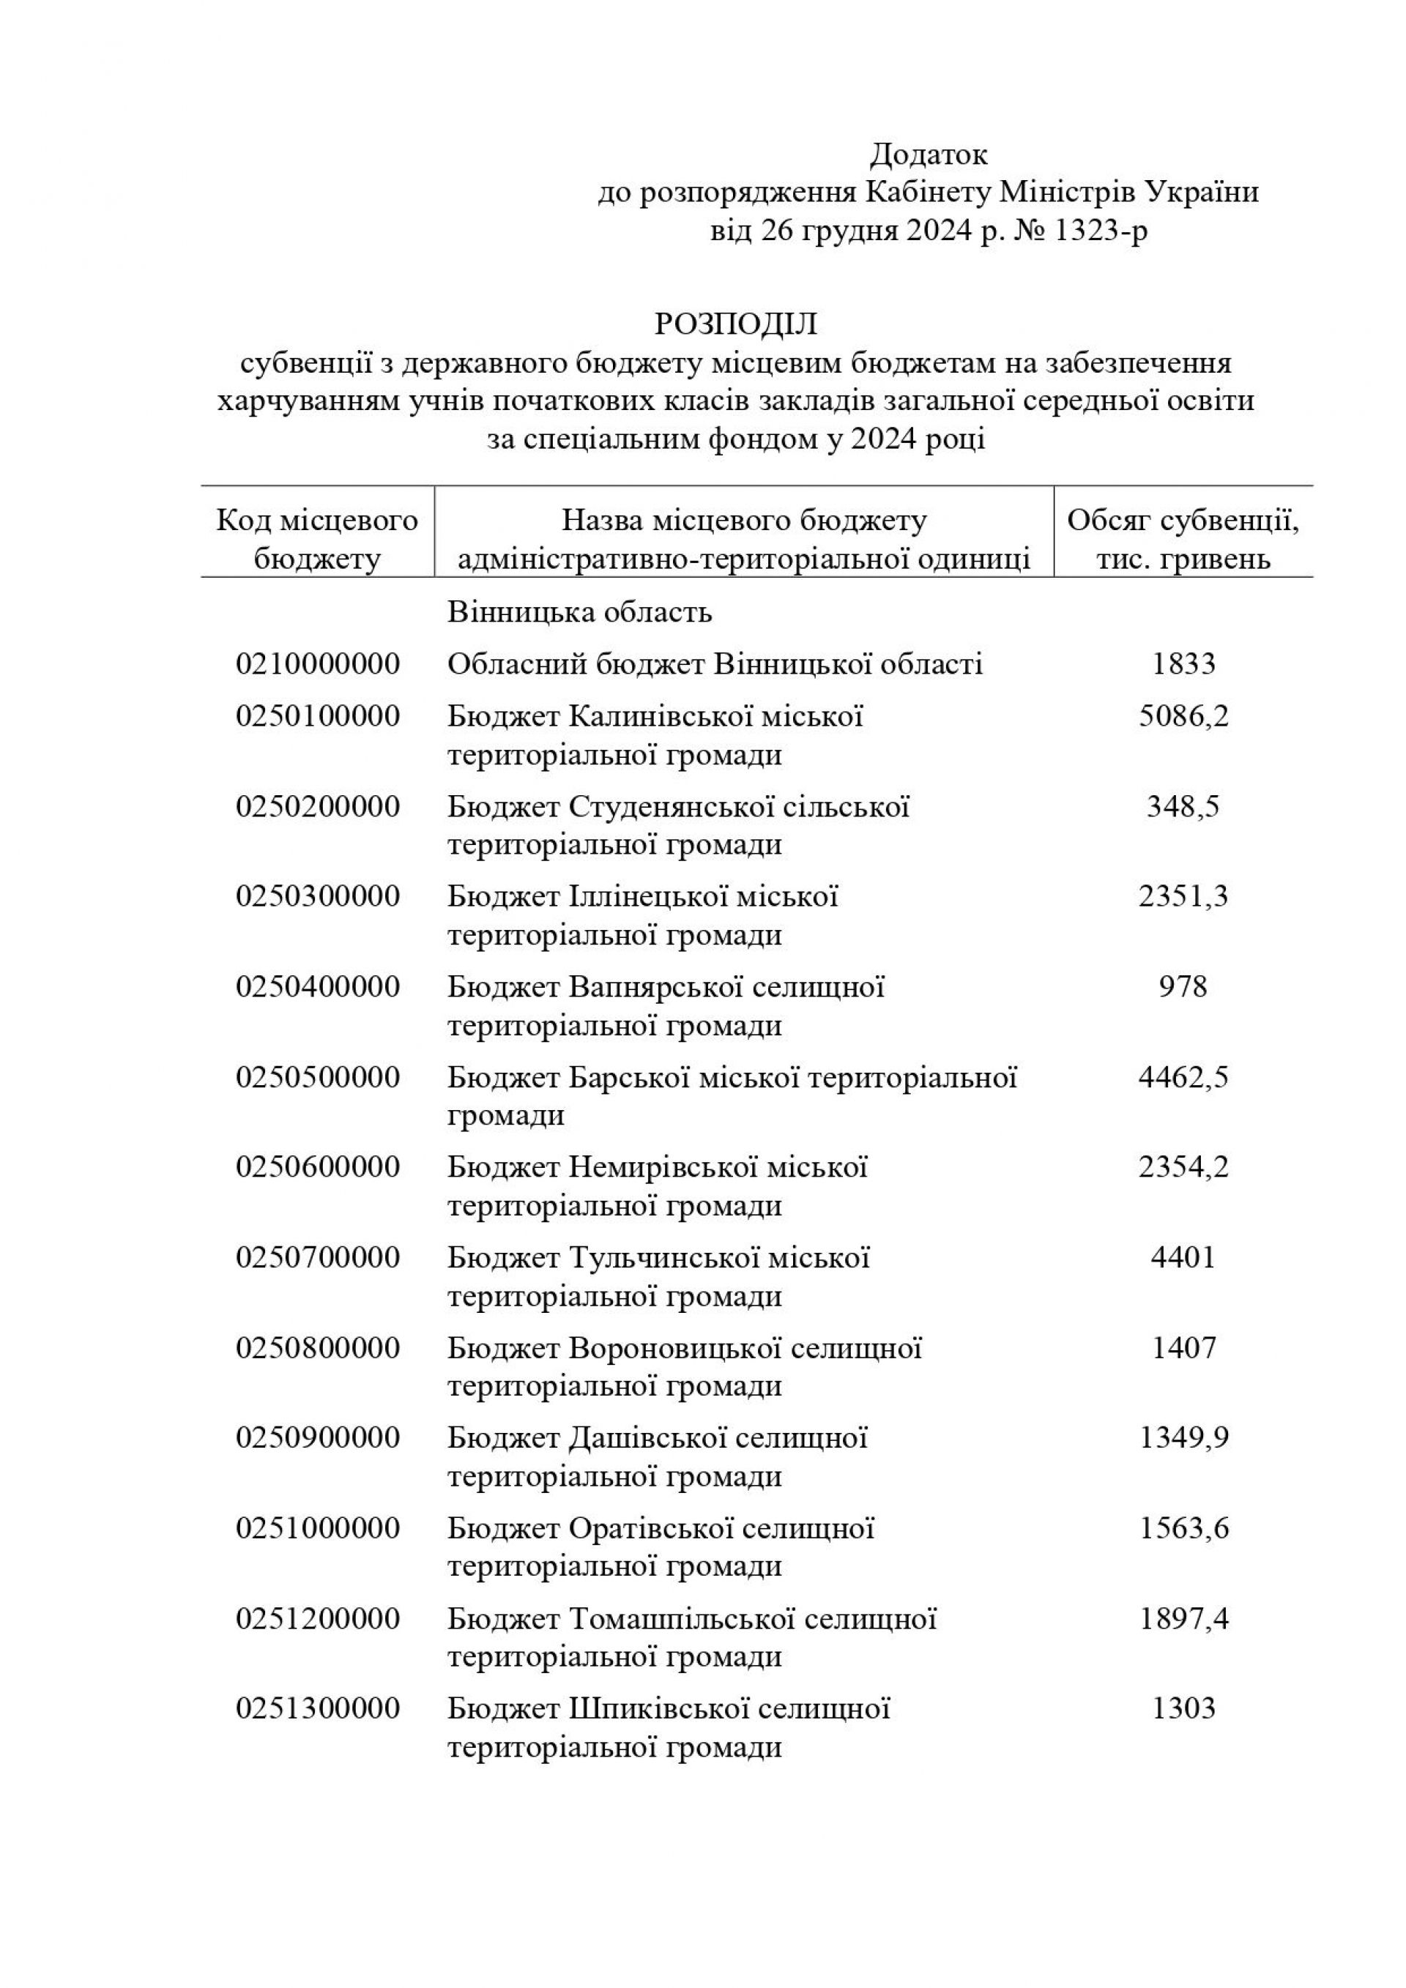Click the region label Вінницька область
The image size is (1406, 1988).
(x=579, y=612)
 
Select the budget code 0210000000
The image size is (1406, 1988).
(x=318, y=664)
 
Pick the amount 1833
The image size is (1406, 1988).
(x=1183, y=664)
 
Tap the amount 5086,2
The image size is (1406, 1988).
(x=1183, y=716)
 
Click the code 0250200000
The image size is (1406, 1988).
(x=318, y=806)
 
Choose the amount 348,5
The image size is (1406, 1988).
(x=1183, y=806)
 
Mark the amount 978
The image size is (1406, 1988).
(x=1183, y=986)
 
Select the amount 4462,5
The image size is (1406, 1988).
(x=1183, y=1077)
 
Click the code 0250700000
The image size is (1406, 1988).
(x=318, y=1257)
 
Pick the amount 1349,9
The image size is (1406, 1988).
(x=1183, y=1438)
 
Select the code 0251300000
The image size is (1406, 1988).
(x=318, y=1708)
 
